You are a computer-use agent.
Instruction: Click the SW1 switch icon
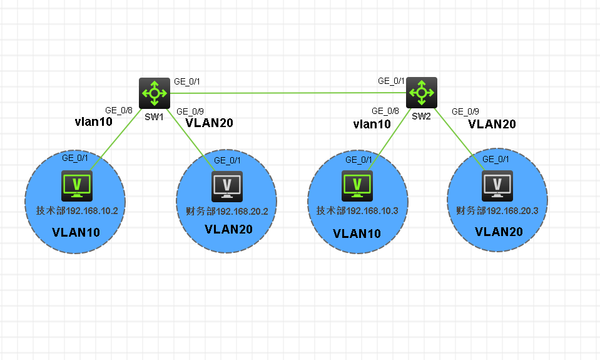[x=154, y=93]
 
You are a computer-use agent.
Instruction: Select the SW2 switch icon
[x=422, y=93]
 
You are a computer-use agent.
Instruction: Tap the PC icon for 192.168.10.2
[x=77, y=185]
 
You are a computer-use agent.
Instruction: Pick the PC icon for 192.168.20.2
[x=227, y=185]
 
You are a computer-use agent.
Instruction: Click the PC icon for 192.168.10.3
[x=357, y=185]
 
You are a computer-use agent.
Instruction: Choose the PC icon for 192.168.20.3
[x=497, y=185]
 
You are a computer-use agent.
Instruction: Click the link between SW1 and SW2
[x=288, y=93]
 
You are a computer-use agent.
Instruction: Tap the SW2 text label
[x=421, y=115]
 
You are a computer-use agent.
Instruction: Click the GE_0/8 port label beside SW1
[x=118, y=110]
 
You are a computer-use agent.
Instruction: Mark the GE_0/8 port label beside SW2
[x=385, y=111]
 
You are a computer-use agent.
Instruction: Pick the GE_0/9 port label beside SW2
[x=465, y=111]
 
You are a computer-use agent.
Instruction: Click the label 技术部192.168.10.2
[x=76, y=210]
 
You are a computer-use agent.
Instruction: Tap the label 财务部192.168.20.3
[x=498, y=210]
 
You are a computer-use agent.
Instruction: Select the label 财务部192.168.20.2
[x=227, y=211]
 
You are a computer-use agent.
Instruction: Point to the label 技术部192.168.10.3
[x=357, y=210]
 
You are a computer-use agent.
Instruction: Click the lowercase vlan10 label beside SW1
[x=93, y=122]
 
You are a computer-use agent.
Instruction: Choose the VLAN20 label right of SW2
[x=492, y=124]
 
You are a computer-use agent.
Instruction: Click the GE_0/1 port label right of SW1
[x=186, y=81]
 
